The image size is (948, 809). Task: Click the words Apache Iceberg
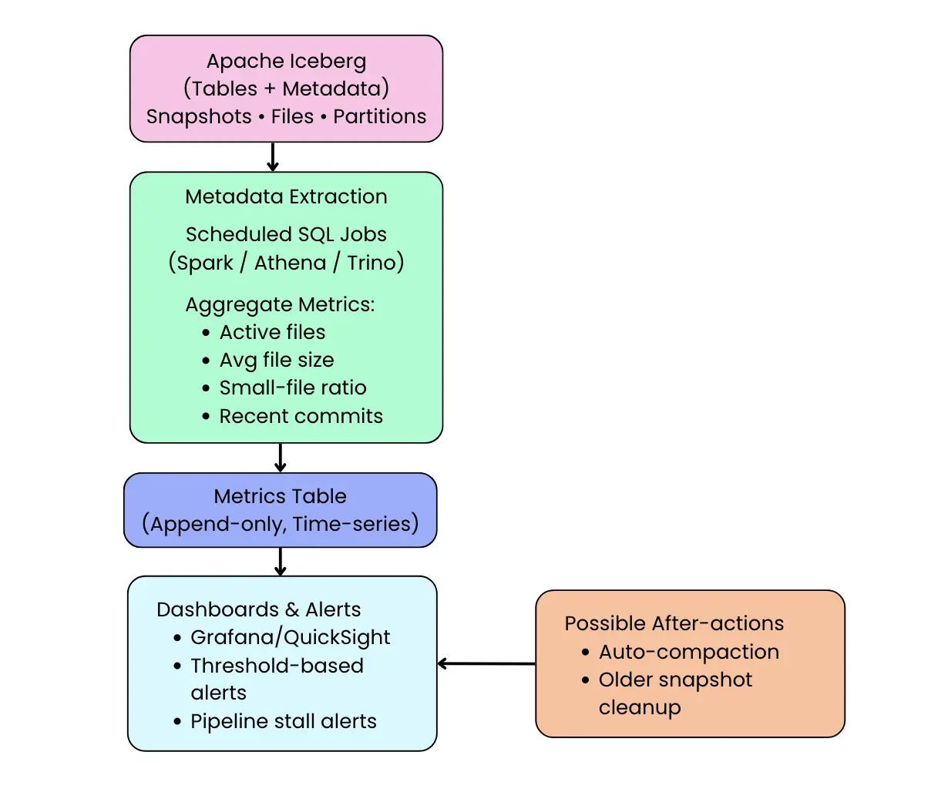coord(286,61)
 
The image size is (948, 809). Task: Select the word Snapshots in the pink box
coord(199,116)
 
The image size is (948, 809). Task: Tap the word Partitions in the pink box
coord(379,116)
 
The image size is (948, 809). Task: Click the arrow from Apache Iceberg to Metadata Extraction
coord(272,157)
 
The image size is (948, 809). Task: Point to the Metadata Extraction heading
coord(286,196)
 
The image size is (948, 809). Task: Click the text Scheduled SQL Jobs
coord(286,234)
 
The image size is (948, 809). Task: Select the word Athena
coord(290,263)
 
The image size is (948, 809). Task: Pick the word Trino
coord(371,263)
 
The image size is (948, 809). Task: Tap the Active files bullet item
coord(272,332)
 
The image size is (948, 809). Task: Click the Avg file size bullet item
coord(277,360)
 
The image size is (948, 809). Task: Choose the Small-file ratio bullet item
coord(293,388)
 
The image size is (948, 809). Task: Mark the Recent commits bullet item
coord(301,416)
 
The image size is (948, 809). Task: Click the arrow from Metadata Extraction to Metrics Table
coord(281,458)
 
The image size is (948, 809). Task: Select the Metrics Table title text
coord(280,496)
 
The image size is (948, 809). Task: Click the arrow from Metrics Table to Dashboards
coord(281,562)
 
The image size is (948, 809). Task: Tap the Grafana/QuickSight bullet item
coord(290,637)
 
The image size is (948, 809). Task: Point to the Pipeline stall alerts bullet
coord(283,721)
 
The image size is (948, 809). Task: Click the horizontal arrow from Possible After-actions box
coord(486,663)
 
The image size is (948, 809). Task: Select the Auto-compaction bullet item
coord(688,652)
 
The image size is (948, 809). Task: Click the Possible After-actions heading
coord(674,623)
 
